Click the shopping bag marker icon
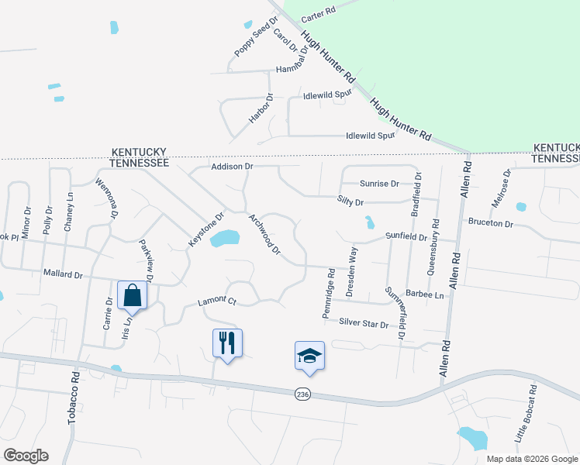pyautogui.click(x=132, y=294)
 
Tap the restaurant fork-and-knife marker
pyautogui.click(x=227, y=342)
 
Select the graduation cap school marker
pyautogui.click(x=309, y=356)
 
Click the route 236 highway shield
pyautogui.click(x=302, y=394)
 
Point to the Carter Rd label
pyautogui.click(x=318, y=12)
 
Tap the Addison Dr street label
pyautogui.click(x=232, y=167)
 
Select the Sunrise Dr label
pyautogui.click(x=379, y=184)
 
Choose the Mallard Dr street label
pyautogui.click(x=63, y=274)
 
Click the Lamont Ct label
pyautogui.click(x=216, y=301)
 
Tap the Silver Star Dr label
pyautogui.click(x=363, y=322)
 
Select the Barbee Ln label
pyautogui.click(x=428, y=295)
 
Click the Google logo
pyautogui.click(x=26, y=456)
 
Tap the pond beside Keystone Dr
pyautogui.click(x=225, y=238)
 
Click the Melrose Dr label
pyautogui.click(x=502, y=189)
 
